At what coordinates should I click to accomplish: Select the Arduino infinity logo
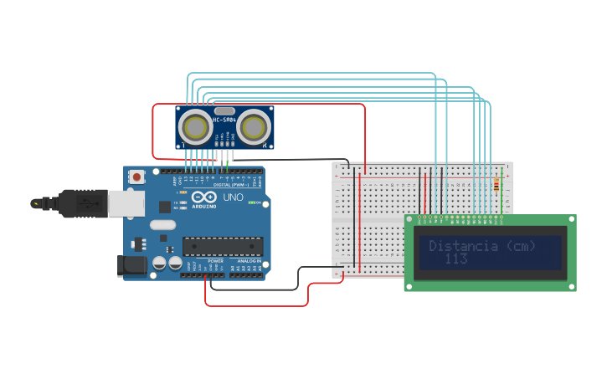[203, 197]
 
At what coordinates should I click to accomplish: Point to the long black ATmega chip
[223, 246]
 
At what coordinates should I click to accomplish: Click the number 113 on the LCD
[456, 259]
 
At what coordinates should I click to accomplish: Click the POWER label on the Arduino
[215, 261]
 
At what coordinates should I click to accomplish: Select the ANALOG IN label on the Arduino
[248, 261]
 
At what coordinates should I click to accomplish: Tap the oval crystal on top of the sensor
[224, 110]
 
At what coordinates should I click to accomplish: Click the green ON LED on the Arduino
[250, 202]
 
